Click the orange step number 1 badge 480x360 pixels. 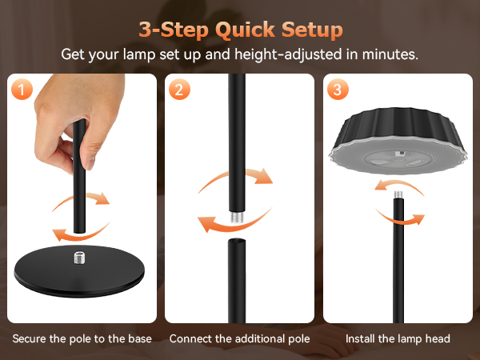[x=22, y=89]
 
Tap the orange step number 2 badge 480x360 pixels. [x=179, y=89]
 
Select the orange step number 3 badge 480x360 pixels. [x=338, y=89]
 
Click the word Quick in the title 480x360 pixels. [x=245, y=30]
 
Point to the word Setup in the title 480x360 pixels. [x=312, y=30]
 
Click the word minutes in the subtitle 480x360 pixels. [x=390, y=54]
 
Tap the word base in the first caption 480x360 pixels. [x=140, y=339]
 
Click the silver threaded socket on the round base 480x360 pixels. [x=80, y=257]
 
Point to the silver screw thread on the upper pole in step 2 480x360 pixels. [x=237, y=217]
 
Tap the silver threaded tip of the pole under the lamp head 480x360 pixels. [x=398, y=194]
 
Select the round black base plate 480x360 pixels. [x=79, y=271]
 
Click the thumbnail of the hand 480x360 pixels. [x=90, y=163]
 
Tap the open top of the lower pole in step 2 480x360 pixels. [x=237, y=241]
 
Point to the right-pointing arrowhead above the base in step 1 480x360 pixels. [x=103, y=198]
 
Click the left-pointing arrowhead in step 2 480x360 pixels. [x=206, y=223]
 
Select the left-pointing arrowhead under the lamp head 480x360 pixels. [x=381, y=185]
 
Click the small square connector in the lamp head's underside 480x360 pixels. [x=399, y=153]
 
